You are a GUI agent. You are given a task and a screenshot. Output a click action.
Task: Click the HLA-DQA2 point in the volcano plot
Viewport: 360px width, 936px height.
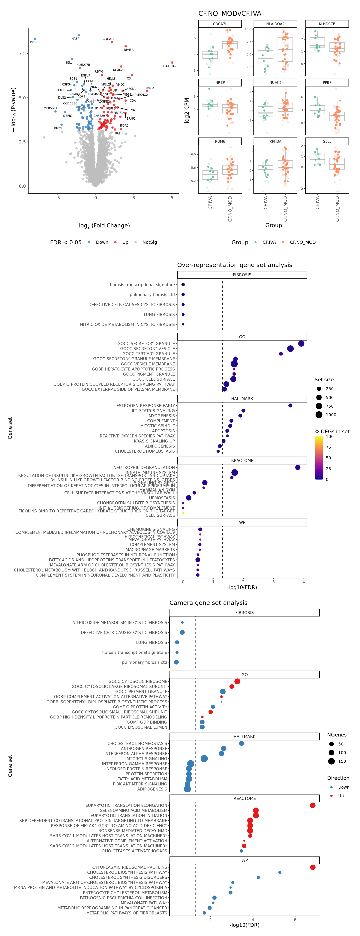172,62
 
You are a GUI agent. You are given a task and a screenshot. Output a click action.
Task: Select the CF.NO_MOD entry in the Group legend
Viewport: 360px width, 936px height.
302,242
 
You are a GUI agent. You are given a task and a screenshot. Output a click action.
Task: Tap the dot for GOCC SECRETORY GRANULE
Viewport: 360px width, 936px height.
301,343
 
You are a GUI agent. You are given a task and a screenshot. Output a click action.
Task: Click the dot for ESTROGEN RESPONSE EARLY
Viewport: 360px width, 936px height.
290,406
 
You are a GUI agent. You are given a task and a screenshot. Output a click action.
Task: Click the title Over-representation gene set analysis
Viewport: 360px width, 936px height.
234,265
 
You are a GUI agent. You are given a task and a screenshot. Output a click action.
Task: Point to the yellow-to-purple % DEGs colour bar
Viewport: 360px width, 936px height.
319,458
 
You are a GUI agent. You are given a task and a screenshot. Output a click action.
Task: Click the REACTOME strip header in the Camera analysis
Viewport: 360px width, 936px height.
244,798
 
